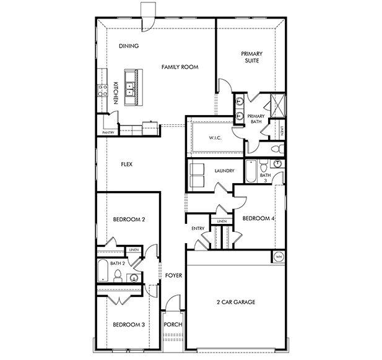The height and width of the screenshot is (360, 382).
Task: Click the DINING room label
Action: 128,46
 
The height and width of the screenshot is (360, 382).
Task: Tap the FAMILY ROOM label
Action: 180,66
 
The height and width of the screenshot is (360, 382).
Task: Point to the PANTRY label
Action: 108,132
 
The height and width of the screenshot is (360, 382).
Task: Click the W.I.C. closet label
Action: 215,138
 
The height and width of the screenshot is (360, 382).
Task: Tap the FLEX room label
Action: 127,165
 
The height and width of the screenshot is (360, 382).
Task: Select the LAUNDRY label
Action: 224,171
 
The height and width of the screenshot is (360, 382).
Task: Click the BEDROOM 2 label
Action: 129,220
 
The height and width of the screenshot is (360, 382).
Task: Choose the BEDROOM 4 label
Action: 258,218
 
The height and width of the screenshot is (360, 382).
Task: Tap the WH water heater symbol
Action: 278,257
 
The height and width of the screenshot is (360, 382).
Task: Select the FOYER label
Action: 173,275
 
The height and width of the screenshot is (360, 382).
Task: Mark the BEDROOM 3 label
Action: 129,324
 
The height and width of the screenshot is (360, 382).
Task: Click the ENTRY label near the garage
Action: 198,229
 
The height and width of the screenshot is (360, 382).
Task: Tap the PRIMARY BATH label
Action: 256,119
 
